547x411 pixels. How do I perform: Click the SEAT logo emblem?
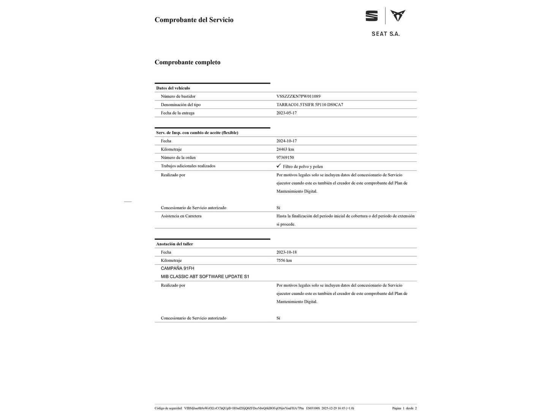pyautogui.click(x=372, y=16)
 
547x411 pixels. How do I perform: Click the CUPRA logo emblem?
pyautogui.click(x=398, y=16)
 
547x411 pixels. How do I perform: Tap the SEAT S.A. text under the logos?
pyautogui.click(x=386, y=34)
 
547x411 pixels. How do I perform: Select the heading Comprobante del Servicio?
pyautogui.click(x=194, y=20)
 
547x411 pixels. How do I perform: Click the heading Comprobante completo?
pyautogui.click(x=187, y=62)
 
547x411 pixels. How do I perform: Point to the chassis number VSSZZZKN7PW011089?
pyautogui.click(x=298, y=96)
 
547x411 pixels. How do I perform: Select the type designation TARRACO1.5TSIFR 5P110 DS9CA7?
pyautogui.click(x=310, y=105)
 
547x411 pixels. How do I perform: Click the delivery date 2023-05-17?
pyautogui.click(x=286, y=113)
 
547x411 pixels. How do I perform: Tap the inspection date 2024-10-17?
pyautogui.click(x=286, y=141)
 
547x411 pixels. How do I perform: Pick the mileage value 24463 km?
pyautogui.click(x=285, y=149)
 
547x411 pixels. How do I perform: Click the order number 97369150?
pyautogui.click(x=285, y=158)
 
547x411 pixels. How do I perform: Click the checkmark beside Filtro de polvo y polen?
pyautogui.click(x=278, y=166)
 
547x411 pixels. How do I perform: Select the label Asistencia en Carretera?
pyautogui.click(x=181, y=216)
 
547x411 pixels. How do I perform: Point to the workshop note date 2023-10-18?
pyautogui.click(x=286, y=252)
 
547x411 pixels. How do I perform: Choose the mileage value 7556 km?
pyautogui.click(x=284, y=261)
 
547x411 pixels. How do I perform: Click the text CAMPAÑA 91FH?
pyautogui.click(x=177, y=268)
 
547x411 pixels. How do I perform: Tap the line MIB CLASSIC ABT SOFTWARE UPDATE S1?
pyautogui.click(x=205, y=277)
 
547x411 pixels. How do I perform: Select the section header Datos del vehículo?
pyautogui.click(x=173, y=88)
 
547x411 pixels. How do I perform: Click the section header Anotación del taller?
pyautogui.click(x=174, y=244)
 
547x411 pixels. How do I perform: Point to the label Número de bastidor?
pyautogui.click(x=178, y=96)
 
